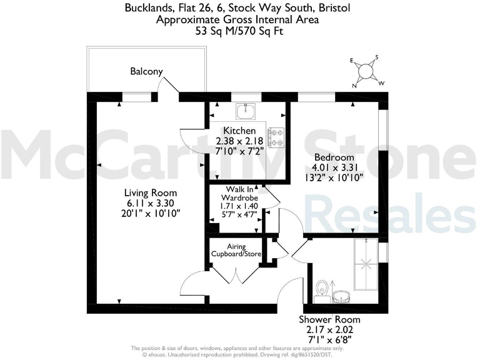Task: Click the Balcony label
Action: click(x=146, y=71)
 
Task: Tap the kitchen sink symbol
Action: click(x=245, y=112)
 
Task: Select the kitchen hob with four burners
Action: click(x=276, y=138)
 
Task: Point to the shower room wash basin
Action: click(x=342, y=295)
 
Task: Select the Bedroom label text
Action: click(x=334, y=157)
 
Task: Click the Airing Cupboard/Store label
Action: click(x=236, y=251)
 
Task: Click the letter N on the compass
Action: click(x=355, y=86)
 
